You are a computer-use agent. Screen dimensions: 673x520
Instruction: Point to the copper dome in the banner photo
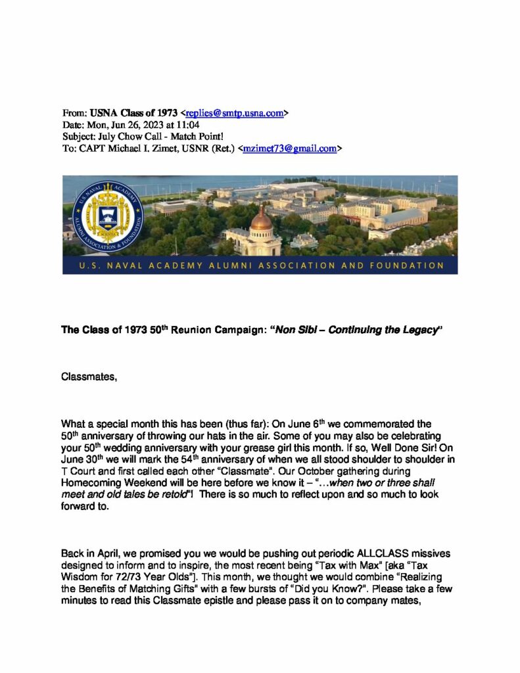[x=261, y=221]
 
